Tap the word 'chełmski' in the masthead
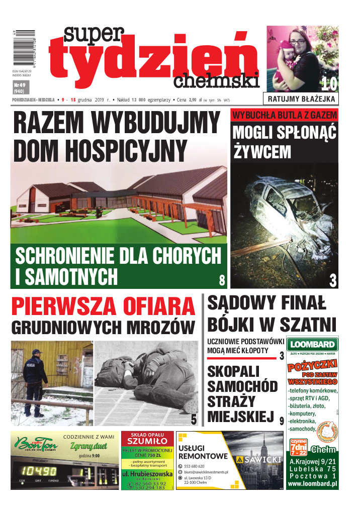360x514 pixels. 216,80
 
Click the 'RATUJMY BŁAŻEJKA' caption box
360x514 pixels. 302,98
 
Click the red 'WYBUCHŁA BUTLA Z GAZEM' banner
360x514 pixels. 284,115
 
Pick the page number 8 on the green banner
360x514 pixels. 222,280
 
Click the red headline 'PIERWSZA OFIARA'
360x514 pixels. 103,306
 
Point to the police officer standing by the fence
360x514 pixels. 35,377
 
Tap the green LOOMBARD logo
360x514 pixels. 312,345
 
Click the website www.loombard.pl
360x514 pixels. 312,484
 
